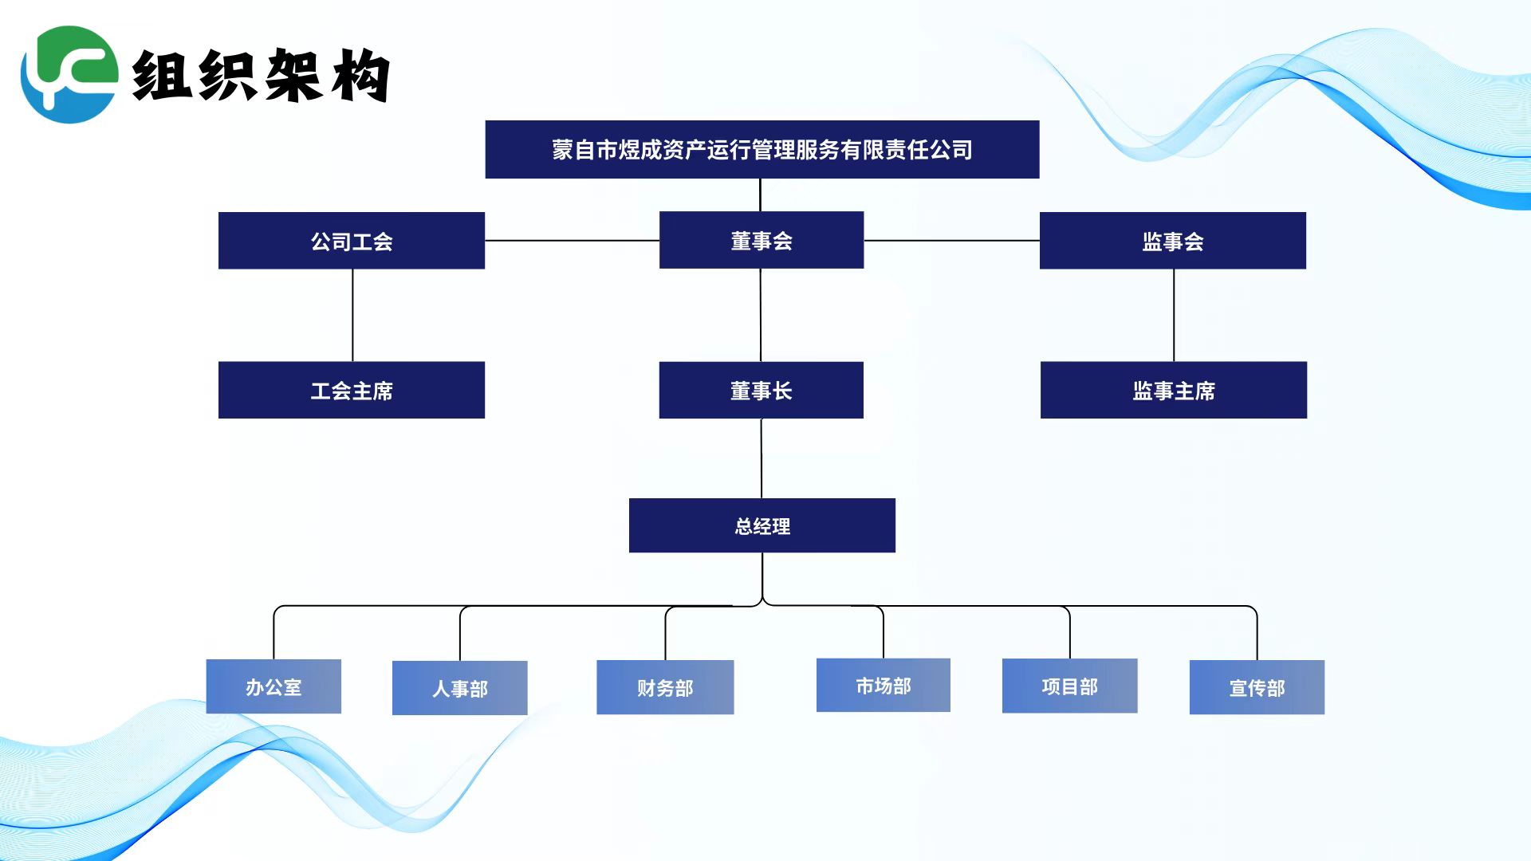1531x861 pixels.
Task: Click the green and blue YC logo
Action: (69, 74)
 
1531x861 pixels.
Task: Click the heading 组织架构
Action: (261, 75)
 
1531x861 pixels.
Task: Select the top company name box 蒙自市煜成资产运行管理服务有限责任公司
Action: (762, 149)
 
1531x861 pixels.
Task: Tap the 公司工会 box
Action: (352, 241)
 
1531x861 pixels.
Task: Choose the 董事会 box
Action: (762, 240)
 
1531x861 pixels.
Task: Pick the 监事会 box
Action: (1173, 241)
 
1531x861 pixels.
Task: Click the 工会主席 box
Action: (352, 390)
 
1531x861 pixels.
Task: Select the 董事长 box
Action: (762, 390)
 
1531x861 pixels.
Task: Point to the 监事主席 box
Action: (1174, 390)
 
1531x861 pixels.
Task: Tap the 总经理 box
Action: (762, 525)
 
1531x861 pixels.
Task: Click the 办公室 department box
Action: (274, 686)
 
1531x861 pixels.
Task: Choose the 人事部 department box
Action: (460, 688)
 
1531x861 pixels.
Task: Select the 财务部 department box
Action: (665, 687)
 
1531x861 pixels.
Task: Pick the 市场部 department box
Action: (884, 685)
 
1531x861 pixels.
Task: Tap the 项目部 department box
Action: (1070, 686)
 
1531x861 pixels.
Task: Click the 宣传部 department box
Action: (1257, 687)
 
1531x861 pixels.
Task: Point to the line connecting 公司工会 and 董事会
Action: (573, 240)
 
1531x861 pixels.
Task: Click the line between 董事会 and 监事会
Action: (952, 240)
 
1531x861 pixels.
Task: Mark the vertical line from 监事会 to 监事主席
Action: (1174, 316)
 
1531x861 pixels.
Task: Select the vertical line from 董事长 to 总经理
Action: (762, 458)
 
